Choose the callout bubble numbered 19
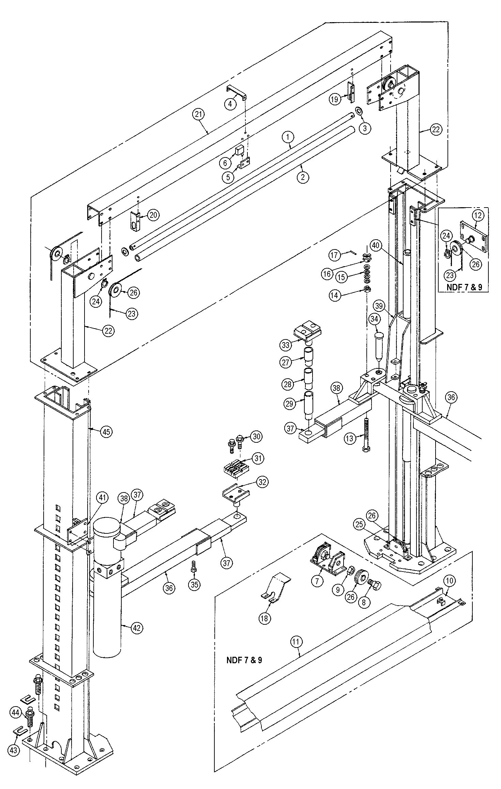pyautogui.click(x=335, y=99)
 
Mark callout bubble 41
pyautogui.click(x=103, y=498)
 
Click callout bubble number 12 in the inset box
pyautogui.click(x=478, y=215)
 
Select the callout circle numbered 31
pyautogui.click(x=258, y=458)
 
